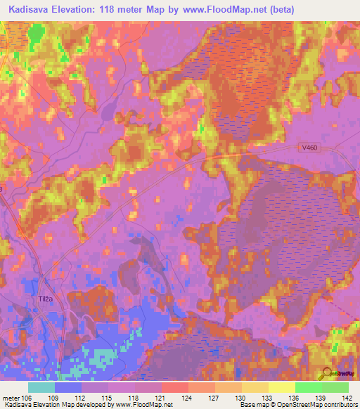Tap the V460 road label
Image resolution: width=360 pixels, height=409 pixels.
point(304,147)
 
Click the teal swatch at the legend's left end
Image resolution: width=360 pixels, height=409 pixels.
point(41,387)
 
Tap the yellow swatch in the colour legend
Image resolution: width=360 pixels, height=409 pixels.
point(281,387)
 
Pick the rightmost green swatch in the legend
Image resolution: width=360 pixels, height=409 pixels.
point(335,387)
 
